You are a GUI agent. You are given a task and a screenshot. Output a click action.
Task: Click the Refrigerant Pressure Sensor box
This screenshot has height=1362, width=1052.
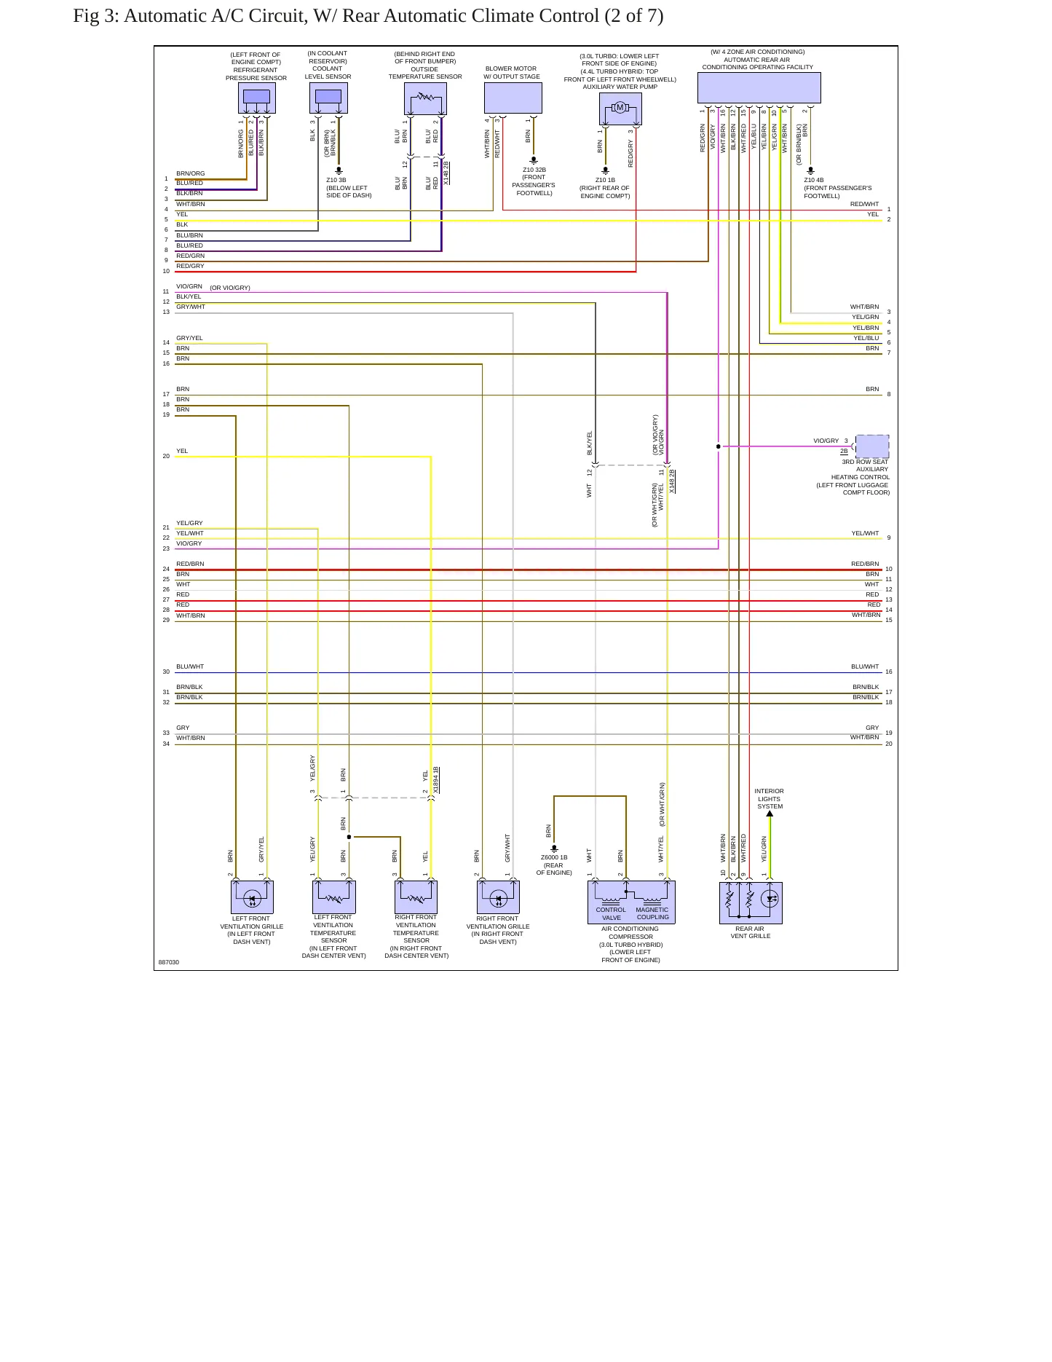point(256,98)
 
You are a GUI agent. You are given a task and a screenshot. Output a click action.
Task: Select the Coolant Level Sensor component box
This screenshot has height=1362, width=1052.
point(328,98)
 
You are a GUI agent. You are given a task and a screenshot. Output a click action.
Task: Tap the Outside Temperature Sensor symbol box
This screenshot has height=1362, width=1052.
point(425,98)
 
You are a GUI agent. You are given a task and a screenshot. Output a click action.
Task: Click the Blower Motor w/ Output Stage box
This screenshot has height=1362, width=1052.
point(513,98)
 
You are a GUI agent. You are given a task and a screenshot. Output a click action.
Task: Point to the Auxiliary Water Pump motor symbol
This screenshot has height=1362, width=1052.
point(620,108)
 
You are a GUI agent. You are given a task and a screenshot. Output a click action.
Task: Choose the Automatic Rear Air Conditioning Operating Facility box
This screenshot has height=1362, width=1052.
point(759,87)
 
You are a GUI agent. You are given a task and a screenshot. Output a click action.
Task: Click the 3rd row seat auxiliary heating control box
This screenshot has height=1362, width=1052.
point(872,446)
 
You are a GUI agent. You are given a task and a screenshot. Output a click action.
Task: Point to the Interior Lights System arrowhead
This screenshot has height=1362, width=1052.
point(770,814)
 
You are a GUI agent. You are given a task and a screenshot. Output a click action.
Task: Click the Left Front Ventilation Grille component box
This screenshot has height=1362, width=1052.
point(252,897)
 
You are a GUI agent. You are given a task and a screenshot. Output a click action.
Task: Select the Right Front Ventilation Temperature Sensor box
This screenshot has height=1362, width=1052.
point(416,897)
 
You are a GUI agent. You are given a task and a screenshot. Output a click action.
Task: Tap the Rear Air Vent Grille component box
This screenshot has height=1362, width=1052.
point(751,903)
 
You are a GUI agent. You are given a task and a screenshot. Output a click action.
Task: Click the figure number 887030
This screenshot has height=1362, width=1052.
point(169,962)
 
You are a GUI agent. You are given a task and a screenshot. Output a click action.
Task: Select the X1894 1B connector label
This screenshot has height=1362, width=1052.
point(436,780)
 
